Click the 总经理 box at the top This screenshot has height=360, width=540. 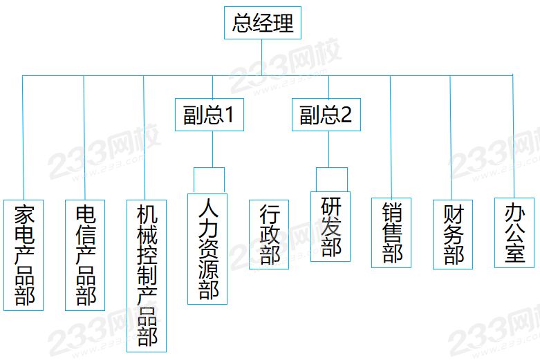pos(263,23)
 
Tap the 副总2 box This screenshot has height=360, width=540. pos(325,115)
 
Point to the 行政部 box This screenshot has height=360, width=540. pos(269,234)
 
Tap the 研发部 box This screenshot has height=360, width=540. pos(330,227)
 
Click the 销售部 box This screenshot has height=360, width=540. pos(392,233)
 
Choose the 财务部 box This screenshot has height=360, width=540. pos(453,234)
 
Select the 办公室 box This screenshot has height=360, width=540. pos(514,233)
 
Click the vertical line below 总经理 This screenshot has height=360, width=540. pos(263,57)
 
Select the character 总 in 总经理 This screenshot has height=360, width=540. pos(242,23)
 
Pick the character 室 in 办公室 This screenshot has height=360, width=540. pos(514,253)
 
